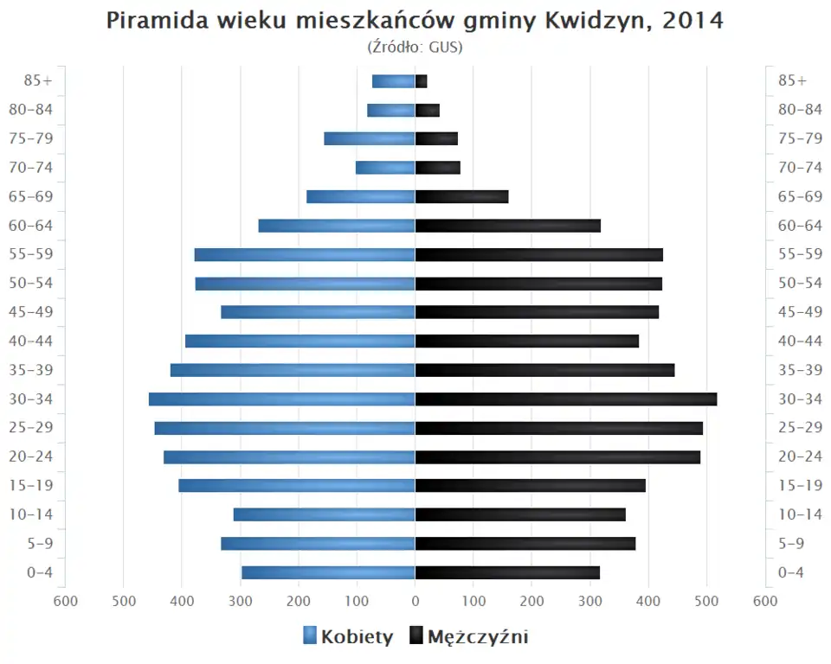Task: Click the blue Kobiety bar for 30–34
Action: pyautogui.click(x=281, y=399)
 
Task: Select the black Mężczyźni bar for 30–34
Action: pyautogui.click(x=566, y=399)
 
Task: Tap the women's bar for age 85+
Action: pyautogui.click(x=394, y=81)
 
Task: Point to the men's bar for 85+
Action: pyautogui.click(x=422, y=81)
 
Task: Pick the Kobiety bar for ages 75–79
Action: pyautogui.click(x=370, y=138)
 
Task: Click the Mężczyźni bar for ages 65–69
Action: pyautogui.click(x=461, y=196)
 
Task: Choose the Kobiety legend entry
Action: pyautogui.click(x=348, y=637)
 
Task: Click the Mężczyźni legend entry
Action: pyautogui.click(x=467, y=637)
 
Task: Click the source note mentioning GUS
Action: pyautogui.click(x=415, y=47)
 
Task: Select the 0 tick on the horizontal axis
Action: pyautogui.click(x=415, y=602)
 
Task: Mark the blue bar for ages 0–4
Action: pyautogui.click(x=328, y=572)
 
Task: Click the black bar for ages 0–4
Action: pyautogui.click(x=507, y=572)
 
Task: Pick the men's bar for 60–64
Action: pyautogui.click(x=508, y=226)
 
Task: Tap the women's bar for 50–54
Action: pyautogui.click(x=306, y=284)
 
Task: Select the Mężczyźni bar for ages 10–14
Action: pyautogui.click(x=520, y=514)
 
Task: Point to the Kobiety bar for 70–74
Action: pyautogui.click(x=385, y=168)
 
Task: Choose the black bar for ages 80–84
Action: pyautogui.click(x=428, y=110)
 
